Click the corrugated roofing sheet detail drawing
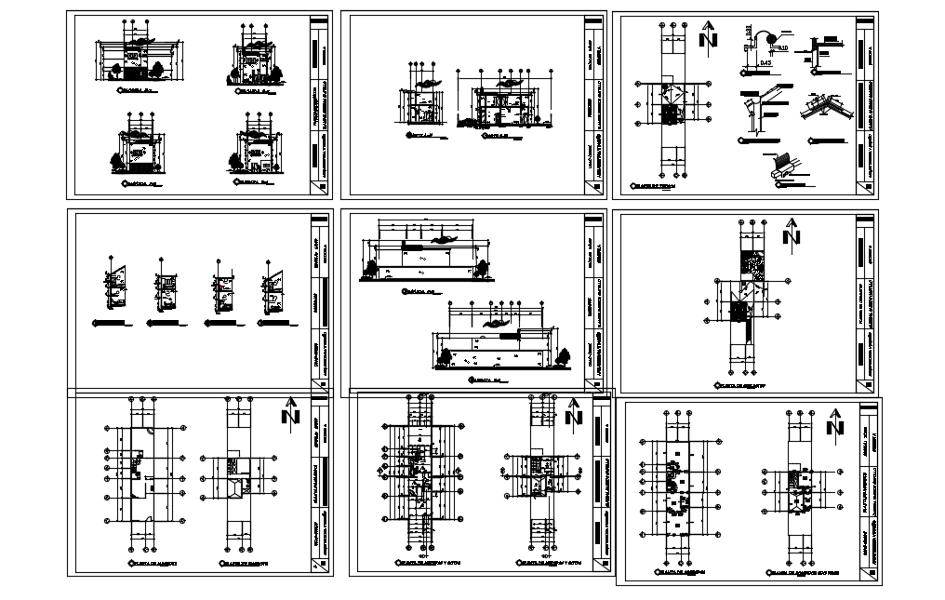pyautogui.click(x=779, y=166)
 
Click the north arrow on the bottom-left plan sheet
pyautogui.click(x=293, y=412)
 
